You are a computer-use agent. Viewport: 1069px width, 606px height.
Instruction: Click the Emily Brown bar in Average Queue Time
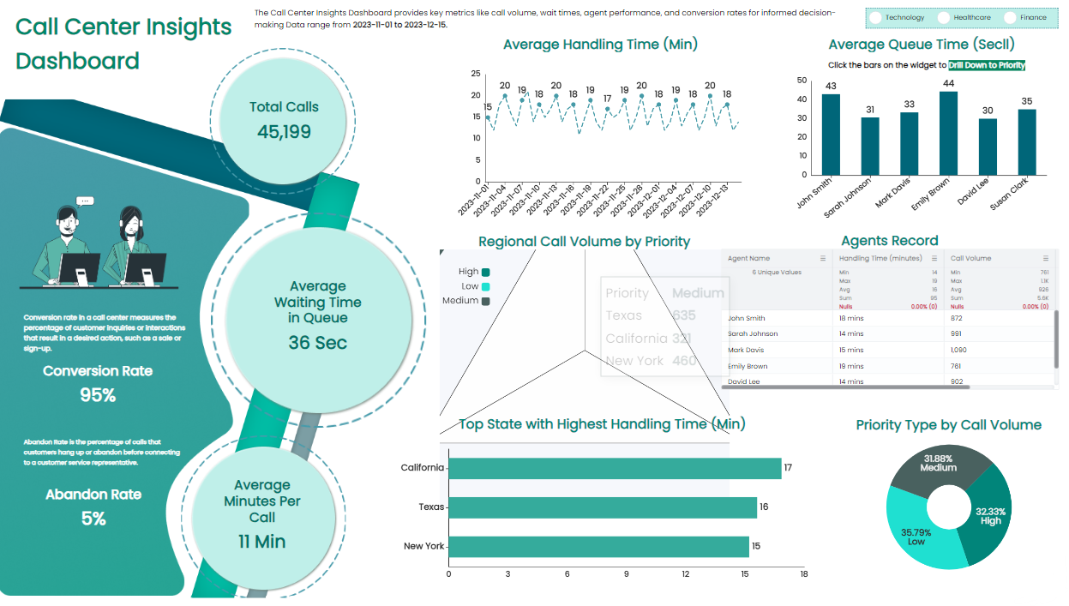click(x=948, y=134)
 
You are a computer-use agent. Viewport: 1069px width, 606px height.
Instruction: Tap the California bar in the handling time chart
click(x=615, y=468)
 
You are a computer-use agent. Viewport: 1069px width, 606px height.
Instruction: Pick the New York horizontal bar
click(x=598, y=547)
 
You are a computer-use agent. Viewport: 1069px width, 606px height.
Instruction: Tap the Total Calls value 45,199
click(x=284, y=132)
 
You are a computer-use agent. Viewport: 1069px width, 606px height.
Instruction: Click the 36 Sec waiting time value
click(x=317, y=343)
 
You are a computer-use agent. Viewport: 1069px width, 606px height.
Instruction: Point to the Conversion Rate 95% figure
click(x=98, y=395)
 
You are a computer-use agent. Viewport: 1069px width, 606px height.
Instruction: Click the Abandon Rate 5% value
click(x=93, y=519)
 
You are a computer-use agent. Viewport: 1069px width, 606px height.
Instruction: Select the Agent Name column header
click(x=748, y=258)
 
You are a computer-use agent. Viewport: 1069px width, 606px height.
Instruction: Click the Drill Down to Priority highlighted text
click(x=987, y=65)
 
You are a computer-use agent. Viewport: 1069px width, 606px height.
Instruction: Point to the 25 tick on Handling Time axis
click(x=476, y=74)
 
